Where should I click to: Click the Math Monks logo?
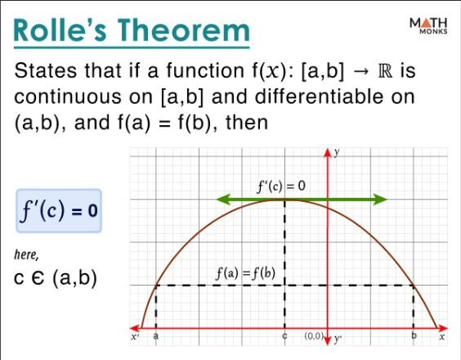[x=426, y=26]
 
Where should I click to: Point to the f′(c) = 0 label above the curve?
[x=281, y=186]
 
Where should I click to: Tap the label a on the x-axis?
[x=155, y=336]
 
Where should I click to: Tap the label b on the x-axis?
[x=414, y=336]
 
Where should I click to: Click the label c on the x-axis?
[x=284, y=336]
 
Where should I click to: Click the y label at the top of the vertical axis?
[x=337, y=152]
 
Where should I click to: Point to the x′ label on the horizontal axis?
[x=137, y=336]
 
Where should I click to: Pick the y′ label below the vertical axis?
[x=337, y=337]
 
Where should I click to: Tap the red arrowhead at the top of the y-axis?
[x=328, y=151]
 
